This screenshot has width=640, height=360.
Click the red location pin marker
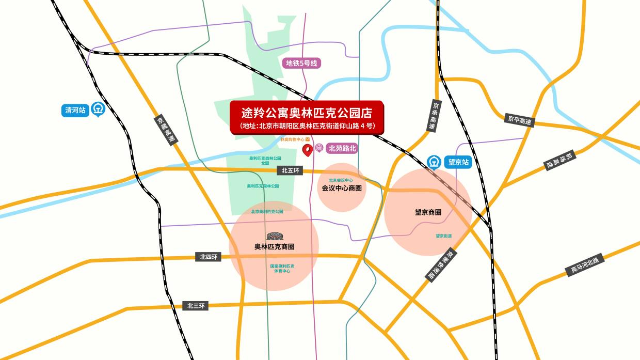click(x=308, y=150)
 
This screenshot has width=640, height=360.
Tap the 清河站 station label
click(x=76, y=110)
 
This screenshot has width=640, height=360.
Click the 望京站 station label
click(x=458, y=162)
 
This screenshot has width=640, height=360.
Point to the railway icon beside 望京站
click(x=435, y=163)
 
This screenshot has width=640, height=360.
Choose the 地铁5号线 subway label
click(x=303, y=64)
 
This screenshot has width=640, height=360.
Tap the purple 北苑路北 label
click(x=343, y=148)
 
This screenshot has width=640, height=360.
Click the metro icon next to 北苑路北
click(x=319, y=148)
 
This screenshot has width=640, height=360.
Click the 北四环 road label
click(x=210, y=257)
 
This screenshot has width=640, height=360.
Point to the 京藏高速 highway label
click(x=166, y=129)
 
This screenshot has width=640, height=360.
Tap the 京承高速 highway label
click(x=434, y=115)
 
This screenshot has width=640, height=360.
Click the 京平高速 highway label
click(x=519, y=119)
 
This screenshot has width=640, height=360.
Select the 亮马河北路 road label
click(x=584, y=265)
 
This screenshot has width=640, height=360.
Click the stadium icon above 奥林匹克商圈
click(x=274, y=236)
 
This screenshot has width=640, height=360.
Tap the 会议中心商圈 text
click(x=341, y=189)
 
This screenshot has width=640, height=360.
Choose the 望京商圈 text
click(x=428, y=212)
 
